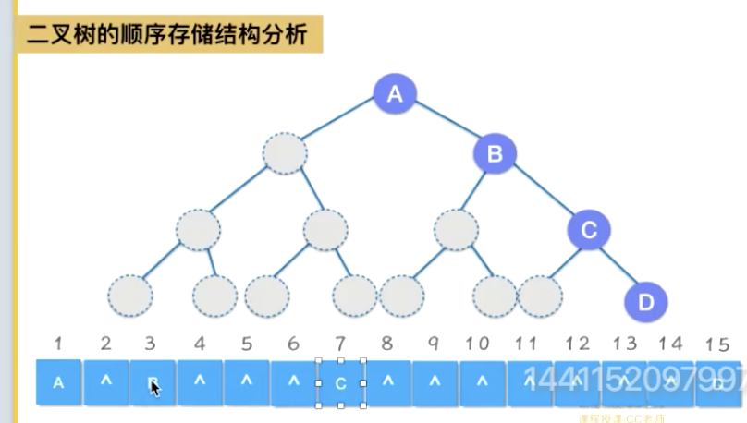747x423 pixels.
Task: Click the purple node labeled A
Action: click(x=396, y=93)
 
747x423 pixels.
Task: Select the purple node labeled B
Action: click(x=495, y=154)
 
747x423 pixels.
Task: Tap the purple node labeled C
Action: click(x=589, y=230)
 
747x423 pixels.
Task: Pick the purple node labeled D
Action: click(x=645, y=301)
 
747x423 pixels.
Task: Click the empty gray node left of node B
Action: click(x=285, y=154)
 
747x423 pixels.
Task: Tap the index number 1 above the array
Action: click(x=58, y=344)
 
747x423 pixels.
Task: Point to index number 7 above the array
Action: click(x=339, y=344)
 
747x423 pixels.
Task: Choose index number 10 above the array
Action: click(x=477, y=344)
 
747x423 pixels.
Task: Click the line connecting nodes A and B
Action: click(x=445, y=124)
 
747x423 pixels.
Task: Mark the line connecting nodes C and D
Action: click(x=618, y=266)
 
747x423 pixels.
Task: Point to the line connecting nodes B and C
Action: click(x=542, y=192)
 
